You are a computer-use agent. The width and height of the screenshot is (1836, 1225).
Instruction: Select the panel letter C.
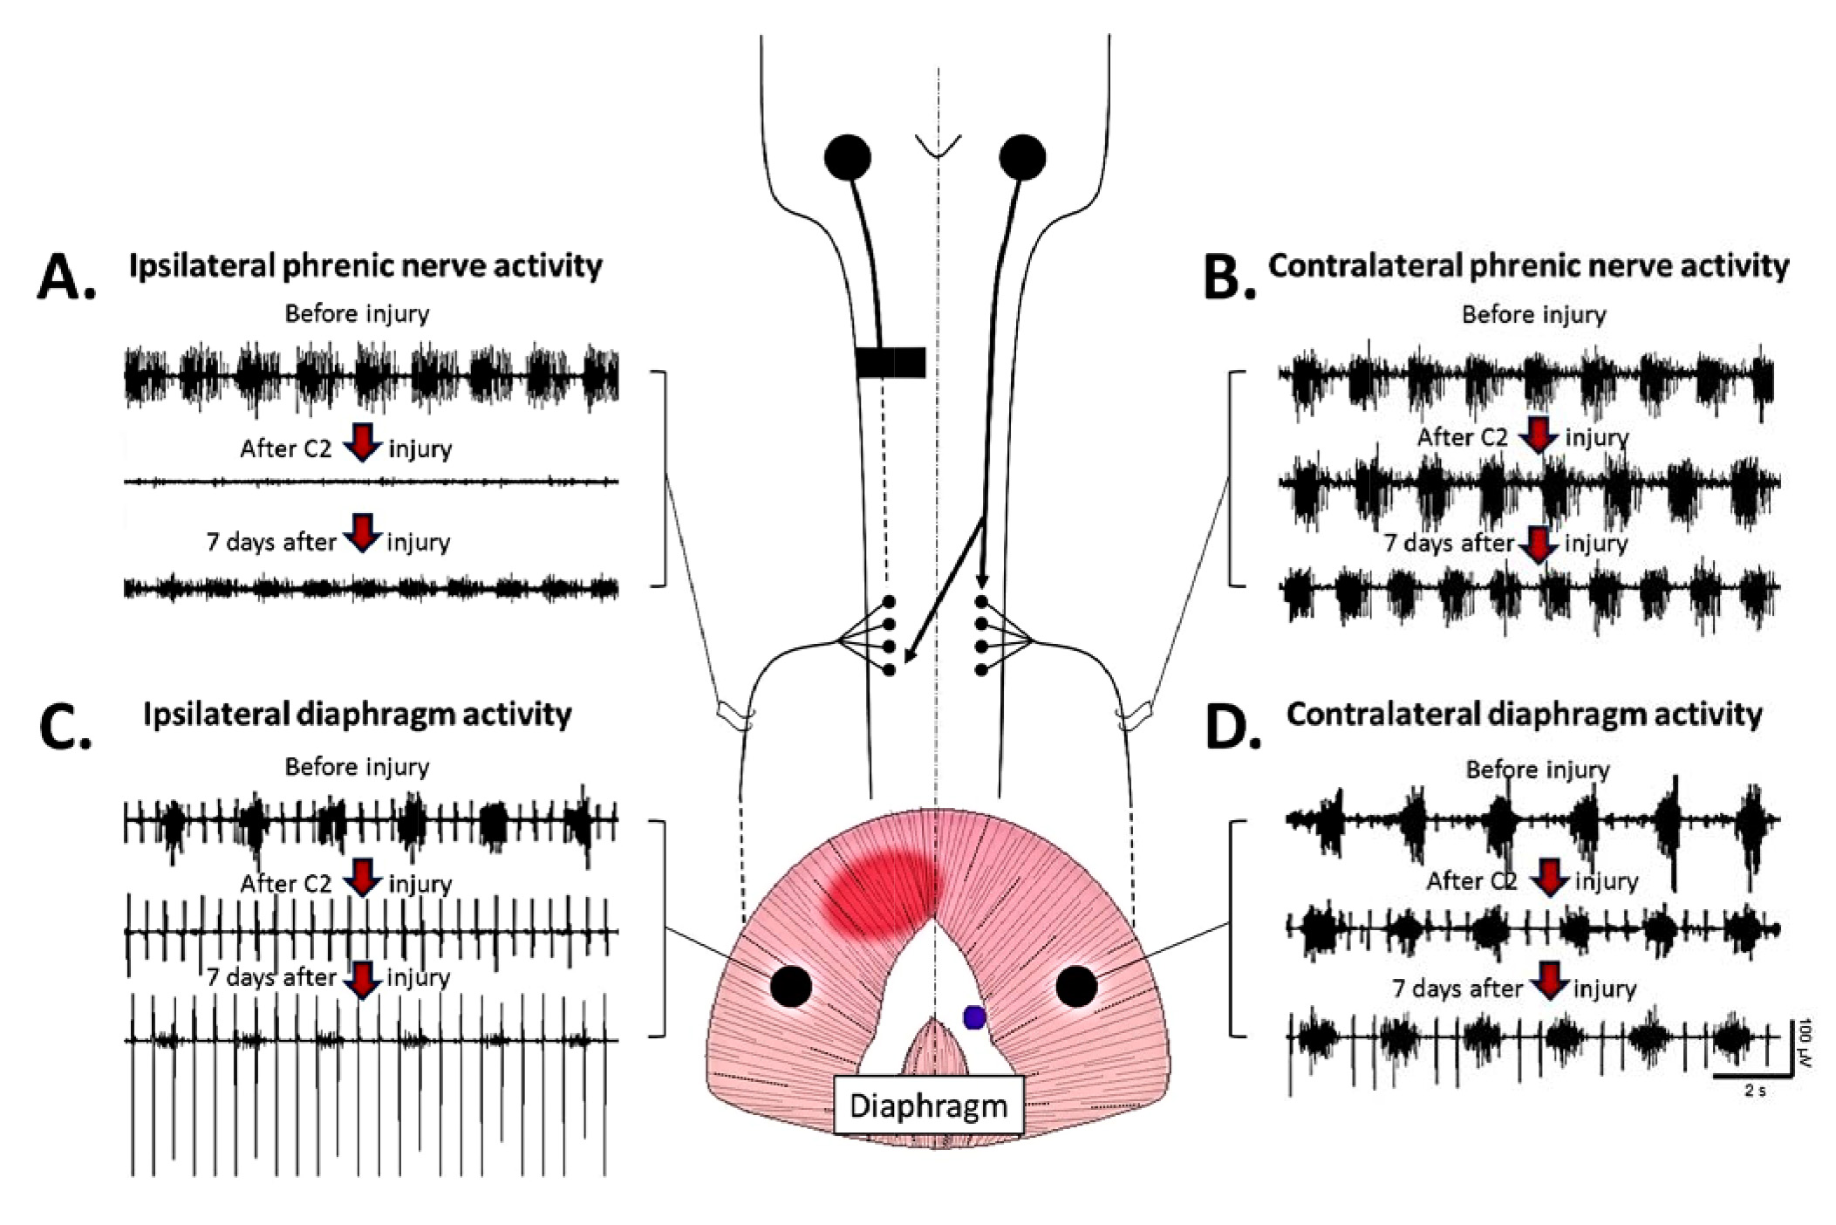[x=65, y=729]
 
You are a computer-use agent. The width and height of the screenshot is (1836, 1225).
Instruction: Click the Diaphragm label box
[x=928, y=1106]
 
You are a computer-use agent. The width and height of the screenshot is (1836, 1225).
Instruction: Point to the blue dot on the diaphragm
[x=974, y=1016]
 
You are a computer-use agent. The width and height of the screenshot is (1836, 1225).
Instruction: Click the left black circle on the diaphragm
[x=791, y=986]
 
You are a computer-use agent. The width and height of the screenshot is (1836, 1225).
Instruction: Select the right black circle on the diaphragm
[x=1076, y=986]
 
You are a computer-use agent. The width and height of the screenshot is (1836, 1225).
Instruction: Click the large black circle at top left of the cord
[x=847, y=158]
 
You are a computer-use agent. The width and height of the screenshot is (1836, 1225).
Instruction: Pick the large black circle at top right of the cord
[x=1023, y=158]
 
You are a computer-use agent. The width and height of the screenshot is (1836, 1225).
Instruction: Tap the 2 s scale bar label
[x=1754, y=1090]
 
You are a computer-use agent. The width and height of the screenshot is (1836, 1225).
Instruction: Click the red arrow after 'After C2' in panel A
[x=362, y=443]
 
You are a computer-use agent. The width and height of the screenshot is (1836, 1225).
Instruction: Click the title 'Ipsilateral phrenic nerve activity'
[x=365, y=266]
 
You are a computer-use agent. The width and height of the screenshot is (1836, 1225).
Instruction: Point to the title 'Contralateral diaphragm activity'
[x=1524, y=715]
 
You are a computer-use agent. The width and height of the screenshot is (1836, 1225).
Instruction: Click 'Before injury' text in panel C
[x=357, y=767]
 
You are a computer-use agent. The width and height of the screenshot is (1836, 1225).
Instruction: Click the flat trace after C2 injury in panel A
[x=371, y=482]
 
